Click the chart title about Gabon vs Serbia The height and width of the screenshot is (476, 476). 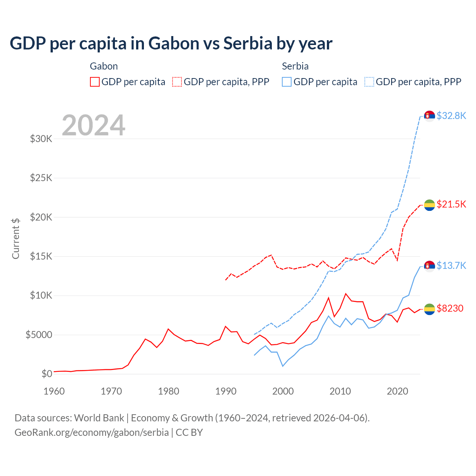coord(171,44)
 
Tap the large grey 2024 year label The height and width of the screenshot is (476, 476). coord(93,125)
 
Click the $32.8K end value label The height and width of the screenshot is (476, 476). coord(451,116)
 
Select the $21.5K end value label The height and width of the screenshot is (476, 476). coord(451,204)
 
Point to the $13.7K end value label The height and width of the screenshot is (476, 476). coord(451,266)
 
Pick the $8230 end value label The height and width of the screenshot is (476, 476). coord(450,308)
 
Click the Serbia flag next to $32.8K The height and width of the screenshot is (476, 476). coord(430,116)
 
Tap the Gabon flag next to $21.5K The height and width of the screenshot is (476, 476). coord(430,205)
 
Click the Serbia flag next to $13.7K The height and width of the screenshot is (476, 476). coord(430,266)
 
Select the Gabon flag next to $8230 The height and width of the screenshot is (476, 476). coord(430,309)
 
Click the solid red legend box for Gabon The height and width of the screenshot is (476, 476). coord(95,82)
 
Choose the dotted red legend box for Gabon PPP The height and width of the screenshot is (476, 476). coord(177,82)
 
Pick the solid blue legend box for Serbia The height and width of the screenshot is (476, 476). coord(287,82)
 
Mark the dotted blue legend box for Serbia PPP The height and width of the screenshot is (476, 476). coord(369,82)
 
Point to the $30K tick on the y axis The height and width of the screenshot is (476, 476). coord(41,139)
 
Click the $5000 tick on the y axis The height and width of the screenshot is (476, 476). coord(39,335)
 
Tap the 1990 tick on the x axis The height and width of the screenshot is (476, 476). coord(226,391)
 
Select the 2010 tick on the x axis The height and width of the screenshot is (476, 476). coord(340,391)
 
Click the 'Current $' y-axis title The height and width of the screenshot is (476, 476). coord(16,238)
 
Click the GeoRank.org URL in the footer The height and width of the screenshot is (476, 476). coord(91,432)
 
